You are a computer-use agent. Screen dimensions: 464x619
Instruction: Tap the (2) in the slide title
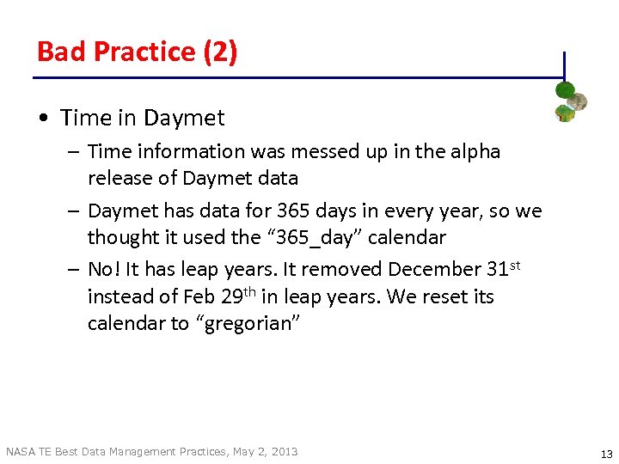pos(220,52)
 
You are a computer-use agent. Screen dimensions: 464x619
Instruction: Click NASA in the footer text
pos(21,451)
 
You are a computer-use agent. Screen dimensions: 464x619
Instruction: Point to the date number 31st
pos(503,268)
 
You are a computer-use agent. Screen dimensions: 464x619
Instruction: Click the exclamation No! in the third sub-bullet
pos(103,269)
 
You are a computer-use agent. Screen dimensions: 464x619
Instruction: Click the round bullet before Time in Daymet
pos(43,119)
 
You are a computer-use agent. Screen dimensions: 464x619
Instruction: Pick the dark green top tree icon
pos(564,89)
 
